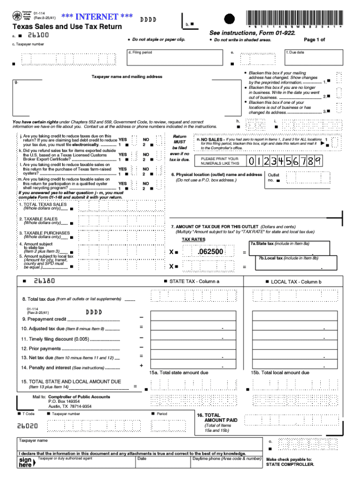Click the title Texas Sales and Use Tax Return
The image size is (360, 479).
point(67,27)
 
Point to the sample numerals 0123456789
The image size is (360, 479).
point(285,161)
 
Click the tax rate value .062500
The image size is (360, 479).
point(210,252)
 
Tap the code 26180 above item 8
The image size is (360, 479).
point(44,282)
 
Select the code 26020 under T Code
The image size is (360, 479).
point(28,426)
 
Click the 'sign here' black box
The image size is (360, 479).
point(26,463)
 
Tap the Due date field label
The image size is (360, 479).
point(295,52)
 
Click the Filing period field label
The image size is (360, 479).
point(140,52)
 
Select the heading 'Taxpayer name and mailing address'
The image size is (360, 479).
point(127,77)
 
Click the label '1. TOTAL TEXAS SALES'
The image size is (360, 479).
point(43,204)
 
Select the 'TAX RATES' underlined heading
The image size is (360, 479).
point(194,239)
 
